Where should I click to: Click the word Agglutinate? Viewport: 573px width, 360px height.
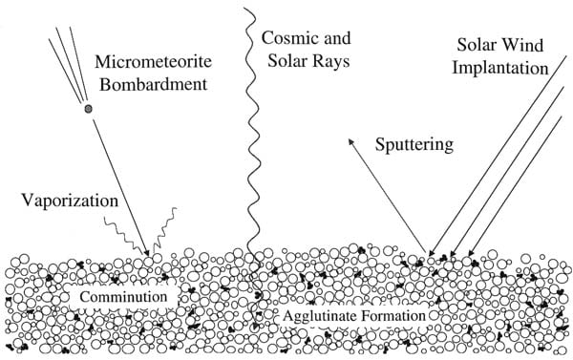coord(326,314)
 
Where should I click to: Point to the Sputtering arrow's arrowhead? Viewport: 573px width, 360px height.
coord(348,139)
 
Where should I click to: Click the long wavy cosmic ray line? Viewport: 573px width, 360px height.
coord(253,134)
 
